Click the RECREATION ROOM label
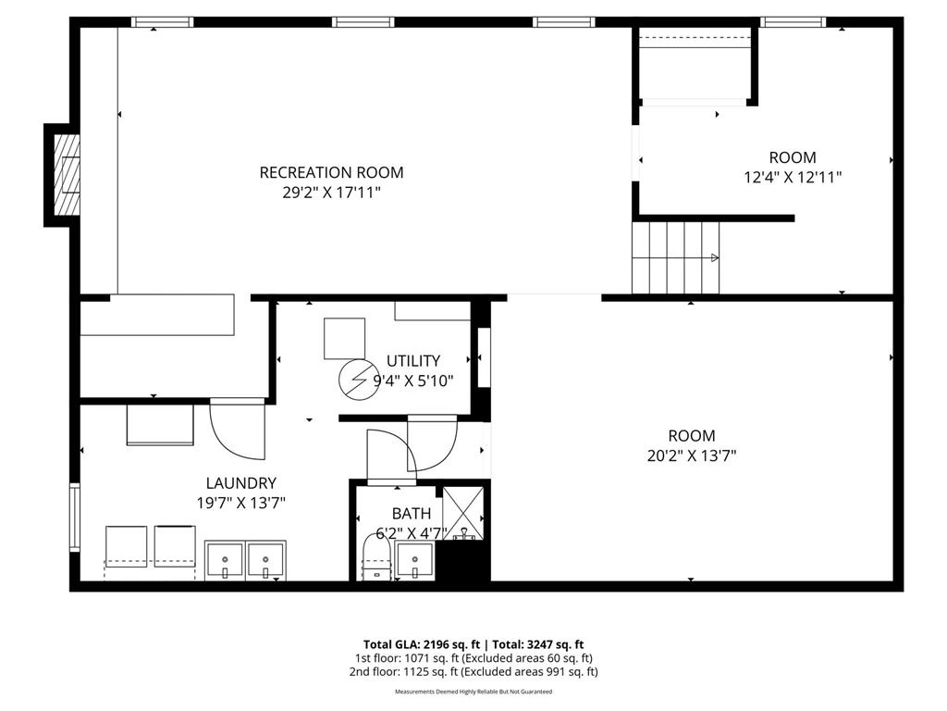click(x=331, y=172)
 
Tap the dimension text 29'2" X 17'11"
click(x=331, y=193)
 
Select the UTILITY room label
click(x=413, y=361)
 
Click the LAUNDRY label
click(x=240, y=482)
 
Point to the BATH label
click(x=411, y=513)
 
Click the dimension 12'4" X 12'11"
click(x=793, y=177)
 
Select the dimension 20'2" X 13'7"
click(x=692, y=455)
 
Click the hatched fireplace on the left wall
click(x=67, y=174)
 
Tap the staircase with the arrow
click(x=676, y=257)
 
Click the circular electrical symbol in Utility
click(x=354, y=379)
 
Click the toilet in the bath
click(x=375, y=561)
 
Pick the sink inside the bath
click(x=414, y=561)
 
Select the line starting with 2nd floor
click(x=473, y=671)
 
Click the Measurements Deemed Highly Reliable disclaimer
click(x=473, y=692)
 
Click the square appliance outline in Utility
click(x=344, y=339)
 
